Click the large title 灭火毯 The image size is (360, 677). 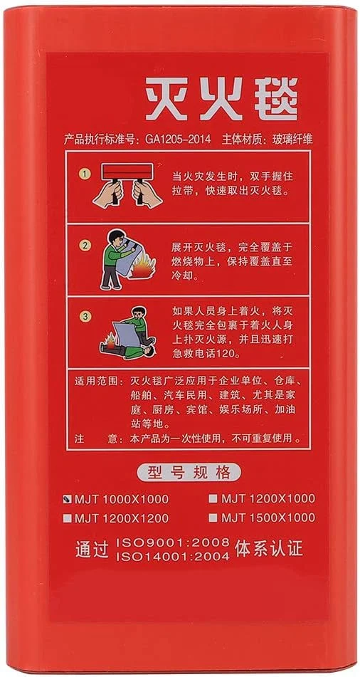click(221, 98)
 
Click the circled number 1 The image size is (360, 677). click(85, 174)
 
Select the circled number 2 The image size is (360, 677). click(85, 246)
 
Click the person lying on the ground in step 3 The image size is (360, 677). click(125, 349)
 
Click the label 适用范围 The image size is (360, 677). click(95, 382)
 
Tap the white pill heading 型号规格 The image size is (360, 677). click(189, 473)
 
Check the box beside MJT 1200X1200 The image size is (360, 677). click(66, 518)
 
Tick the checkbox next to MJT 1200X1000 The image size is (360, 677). click(213, 499)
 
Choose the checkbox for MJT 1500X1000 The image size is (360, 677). click(213, 518)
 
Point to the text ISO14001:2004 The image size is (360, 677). click(172, 557)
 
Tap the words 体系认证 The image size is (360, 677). click(268, 549)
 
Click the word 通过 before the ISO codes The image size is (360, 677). click(92, 550)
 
